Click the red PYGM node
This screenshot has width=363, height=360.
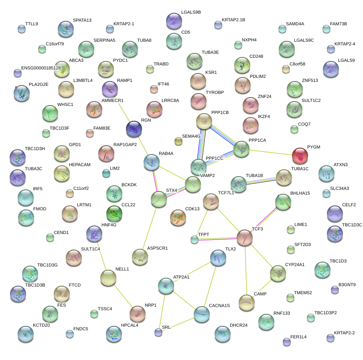coord(300,155)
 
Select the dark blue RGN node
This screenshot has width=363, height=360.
coord(134,128)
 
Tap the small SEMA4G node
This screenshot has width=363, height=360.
coord(178,141)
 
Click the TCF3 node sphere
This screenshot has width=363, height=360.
coord(244,238)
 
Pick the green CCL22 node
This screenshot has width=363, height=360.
coord(114,213)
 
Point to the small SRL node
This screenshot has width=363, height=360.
coord(158,332)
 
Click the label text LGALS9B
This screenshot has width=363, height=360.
coord(191,12)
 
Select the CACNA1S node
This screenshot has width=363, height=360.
coord(201,314)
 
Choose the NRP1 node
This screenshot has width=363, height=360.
coord(137,313)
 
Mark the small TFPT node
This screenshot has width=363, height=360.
coord(195,240)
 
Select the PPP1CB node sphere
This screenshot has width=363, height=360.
coord(204,121)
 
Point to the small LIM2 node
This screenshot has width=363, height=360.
coord(106,173)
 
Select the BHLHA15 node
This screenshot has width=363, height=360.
coord(283,202)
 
